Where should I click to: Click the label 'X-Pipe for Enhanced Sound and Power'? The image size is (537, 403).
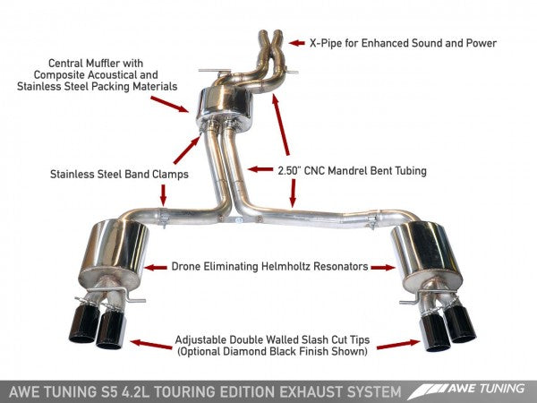(402, 42)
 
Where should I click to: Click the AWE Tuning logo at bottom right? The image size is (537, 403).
(466, 391)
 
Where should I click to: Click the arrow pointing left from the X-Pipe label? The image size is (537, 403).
(296, 42)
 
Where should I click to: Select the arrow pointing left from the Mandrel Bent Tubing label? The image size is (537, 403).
(259, 168)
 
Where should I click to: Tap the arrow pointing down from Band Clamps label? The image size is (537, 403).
(163, 194)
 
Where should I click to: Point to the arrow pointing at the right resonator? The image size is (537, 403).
(385, 266)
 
